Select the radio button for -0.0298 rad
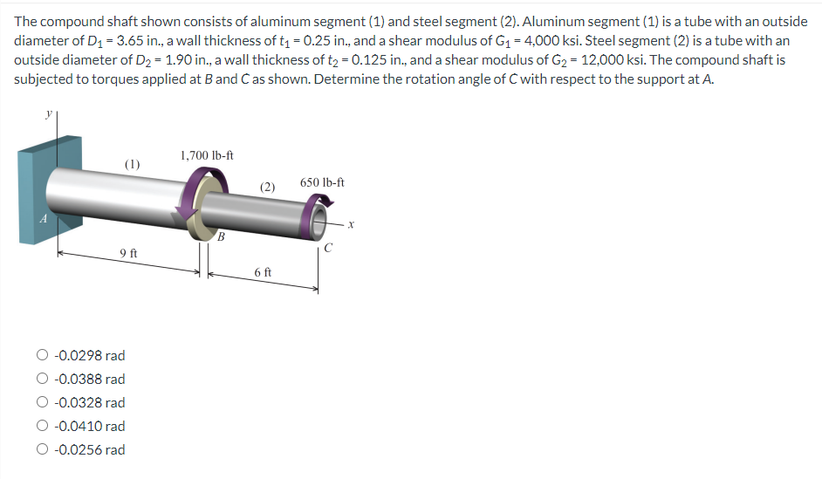pyautogui.click(x=43, y=356)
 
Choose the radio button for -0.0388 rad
pyautogui.click(x=43, y=380)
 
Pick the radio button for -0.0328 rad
pyautogui.click(x=43, y=403)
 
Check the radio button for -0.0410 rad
pyautogui.click(x=43, y=427)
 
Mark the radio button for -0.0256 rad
pyautogui.click(x=43, y=450)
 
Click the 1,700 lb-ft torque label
pyautogui.click(x=207, y=155)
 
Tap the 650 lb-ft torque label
pyautogui.click(x=322, y=183)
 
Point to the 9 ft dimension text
pyautogui.click(x=128, y=253)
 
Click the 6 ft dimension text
pyautogui.click(x=263, y=272)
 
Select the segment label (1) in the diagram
pyautogui.click(x=132, y=163)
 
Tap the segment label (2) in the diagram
pyautogui.click(x=268, y=187)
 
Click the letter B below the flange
pyautogui.click(x=221, y=236)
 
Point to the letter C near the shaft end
pyautogui.click(x=327, y=247)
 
